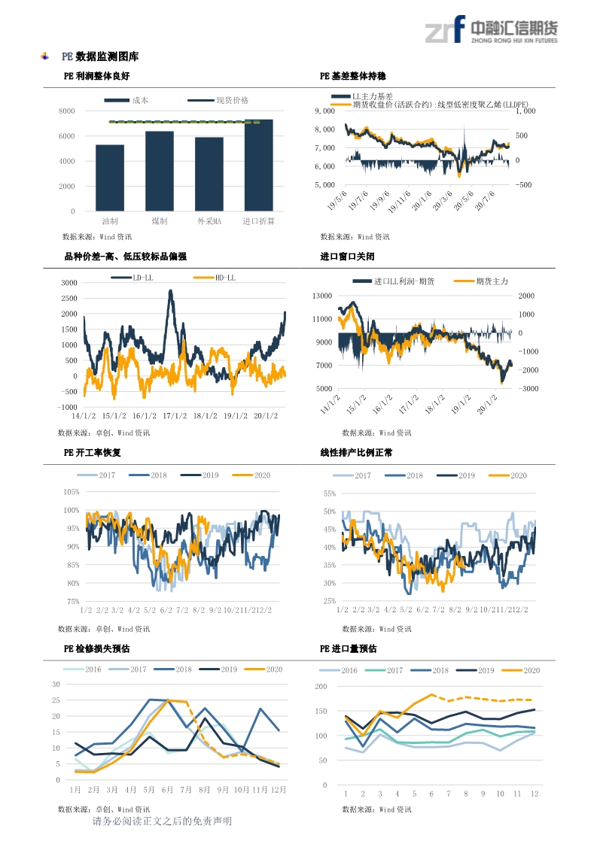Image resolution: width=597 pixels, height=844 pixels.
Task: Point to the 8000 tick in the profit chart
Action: [x=67, y=111]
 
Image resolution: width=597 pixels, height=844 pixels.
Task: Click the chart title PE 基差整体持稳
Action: [x=353, y=76]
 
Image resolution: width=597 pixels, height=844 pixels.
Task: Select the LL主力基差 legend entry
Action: [x=372, y=96]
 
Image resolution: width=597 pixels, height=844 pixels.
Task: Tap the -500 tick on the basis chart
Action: [x=525, y=184]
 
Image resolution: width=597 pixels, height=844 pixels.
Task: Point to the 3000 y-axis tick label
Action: [x=70, y=283]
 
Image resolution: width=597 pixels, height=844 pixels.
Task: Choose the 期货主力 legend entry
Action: [x=492, y=281]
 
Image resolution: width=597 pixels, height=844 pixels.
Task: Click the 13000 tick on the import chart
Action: [x=322, y=296]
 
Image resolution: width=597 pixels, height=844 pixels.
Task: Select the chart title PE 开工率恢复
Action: [x=93, y=453]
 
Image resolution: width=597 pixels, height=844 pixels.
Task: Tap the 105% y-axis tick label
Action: [x=72, y=492]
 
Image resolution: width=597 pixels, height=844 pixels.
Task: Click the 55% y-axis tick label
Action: [x=330, y=493]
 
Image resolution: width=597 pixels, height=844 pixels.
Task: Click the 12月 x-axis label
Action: [x=278, y=791]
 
